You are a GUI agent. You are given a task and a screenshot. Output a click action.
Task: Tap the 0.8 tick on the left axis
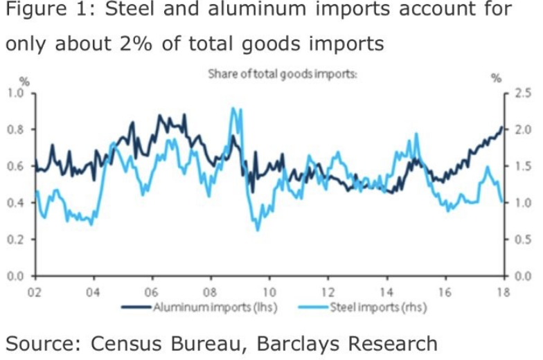(15, 129)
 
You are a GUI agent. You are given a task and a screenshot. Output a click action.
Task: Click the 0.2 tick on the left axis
(15, 240)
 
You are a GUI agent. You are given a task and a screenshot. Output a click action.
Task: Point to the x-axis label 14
(386, 291)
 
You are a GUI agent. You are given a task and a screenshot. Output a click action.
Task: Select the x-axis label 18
(504, 291)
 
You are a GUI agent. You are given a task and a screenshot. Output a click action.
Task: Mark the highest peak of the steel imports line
(234, 109)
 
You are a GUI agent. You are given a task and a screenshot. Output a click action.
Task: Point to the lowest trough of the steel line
(258, 230)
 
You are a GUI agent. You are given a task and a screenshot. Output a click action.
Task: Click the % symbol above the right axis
(496, 78)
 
